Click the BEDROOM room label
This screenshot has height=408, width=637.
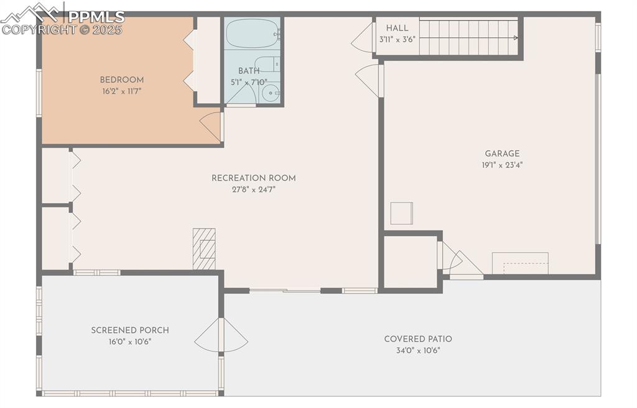[122, 80]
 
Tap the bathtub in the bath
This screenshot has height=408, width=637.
[253, 34]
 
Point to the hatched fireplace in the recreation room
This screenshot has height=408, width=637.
[204, 248]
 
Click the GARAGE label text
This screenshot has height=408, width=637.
[502, 154]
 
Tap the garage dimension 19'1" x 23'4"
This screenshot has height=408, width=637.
[502, 165]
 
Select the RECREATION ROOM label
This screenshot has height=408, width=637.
[254, 178]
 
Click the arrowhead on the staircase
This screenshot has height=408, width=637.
[516, 38]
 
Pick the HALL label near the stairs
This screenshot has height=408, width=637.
[397, 28]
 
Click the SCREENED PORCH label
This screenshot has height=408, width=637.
[130, 330]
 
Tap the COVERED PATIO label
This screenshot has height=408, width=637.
[418, 339]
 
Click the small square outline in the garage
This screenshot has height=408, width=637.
[402, 214]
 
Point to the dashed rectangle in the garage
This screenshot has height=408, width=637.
[526, 268]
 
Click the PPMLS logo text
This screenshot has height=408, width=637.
[96, 17]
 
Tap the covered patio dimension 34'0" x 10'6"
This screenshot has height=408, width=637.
[418, 350]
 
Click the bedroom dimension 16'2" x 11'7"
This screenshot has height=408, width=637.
[122, 91]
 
